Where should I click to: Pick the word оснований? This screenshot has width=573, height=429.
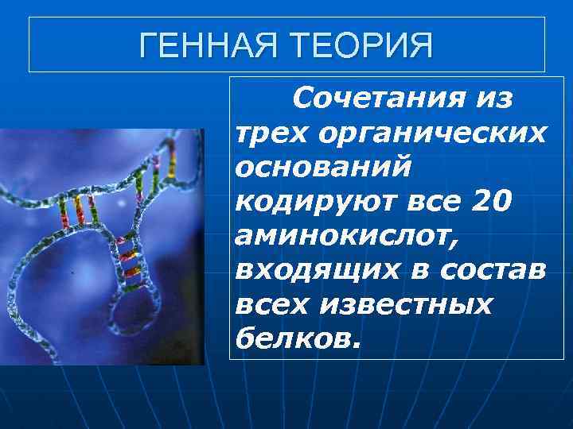(x=323, y=167)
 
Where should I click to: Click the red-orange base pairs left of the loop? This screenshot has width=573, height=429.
(x=75, y=210)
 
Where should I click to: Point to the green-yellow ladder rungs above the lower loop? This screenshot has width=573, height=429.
(x=131, y=259)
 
